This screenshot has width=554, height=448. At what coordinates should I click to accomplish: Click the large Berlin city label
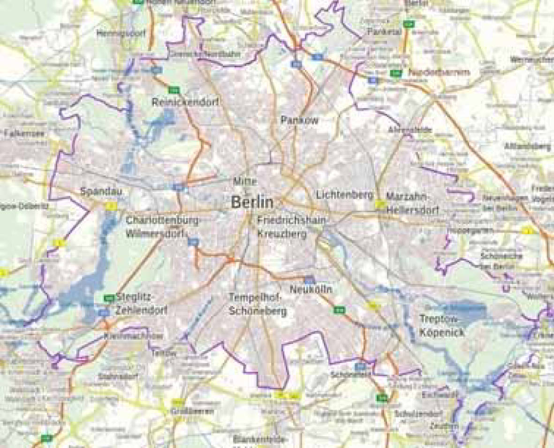coord(252,202)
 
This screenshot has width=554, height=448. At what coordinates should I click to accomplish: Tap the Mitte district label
coord(245,181)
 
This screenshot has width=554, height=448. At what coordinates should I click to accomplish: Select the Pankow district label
coord(299,120)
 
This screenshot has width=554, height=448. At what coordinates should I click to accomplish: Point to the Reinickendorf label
coord(185,102)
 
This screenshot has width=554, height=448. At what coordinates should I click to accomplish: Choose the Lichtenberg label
coord(344,194)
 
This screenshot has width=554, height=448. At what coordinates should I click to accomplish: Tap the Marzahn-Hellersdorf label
coord(412,203)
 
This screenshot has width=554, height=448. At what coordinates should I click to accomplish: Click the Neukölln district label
coord(311,290)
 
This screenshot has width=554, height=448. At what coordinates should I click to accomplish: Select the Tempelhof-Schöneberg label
coord(258,304)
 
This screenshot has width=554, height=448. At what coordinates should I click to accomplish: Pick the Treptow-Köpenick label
coord(441,325)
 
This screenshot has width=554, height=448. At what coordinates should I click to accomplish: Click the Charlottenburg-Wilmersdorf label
coord(162,227)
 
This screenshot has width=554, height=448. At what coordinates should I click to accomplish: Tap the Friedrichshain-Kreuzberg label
coord(291,227)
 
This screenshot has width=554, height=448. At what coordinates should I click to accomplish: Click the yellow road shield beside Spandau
coord(111,205)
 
